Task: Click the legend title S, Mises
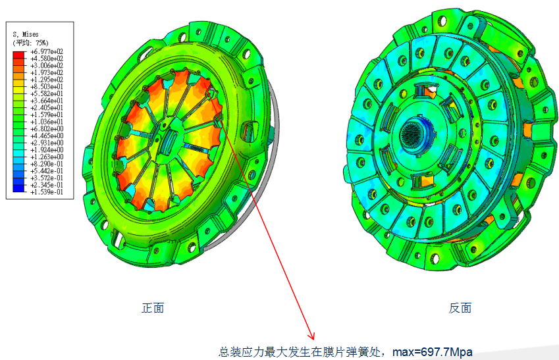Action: (x=26, y=35)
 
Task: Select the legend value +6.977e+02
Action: (x=47, y=52)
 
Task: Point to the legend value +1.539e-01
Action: (x=47, y=192)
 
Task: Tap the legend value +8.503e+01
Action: (x=47, y=87)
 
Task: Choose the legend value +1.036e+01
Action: (x=47, y=122)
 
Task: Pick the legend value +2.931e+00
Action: (x=47, y=143)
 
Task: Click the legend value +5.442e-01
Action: (x=47, y=171)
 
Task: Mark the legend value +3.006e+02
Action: (x=47, y=66)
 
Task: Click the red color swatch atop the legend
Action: (x=19, y=55)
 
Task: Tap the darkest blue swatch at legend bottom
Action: (x=19, y=188)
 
